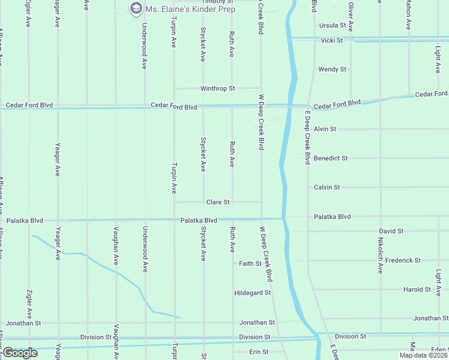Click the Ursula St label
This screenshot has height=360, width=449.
coord(333,26)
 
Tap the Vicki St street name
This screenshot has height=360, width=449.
coord(331,41)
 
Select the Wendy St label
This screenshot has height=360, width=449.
coord(332,70)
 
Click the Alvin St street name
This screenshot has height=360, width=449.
coord(325,129)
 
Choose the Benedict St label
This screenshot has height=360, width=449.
coord(331,158)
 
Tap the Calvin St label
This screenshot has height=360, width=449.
coord(327,187)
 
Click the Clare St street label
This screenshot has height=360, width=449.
coord(218,203)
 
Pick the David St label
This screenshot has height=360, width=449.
coord(391,231)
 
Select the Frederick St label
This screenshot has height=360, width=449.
coord(403,260)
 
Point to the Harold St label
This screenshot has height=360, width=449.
coord(417,289)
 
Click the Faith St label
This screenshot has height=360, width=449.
coord(250,263)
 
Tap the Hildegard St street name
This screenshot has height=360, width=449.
coord(253,293)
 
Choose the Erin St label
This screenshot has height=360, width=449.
coord(259,352)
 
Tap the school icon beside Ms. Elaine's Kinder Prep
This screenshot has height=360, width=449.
coord(136,8)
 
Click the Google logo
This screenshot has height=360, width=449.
coord(20,353)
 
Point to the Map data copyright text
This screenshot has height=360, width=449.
coord(424,355)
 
